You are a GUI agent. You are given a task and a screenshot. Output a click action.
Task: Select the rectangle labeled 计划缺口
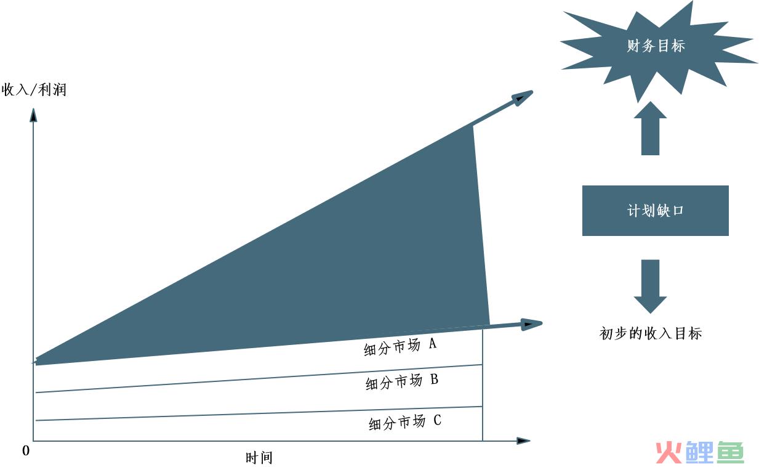click(656, 210)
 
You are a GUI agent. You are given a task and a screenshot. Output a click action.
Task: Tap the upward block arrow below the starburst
click(650, 128)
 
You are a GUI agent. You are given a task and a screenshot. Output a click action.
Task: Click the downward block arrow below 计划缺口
click(650, 286)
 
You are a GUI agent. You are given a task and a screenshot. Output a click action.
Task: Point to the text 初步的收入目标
click(651, 333)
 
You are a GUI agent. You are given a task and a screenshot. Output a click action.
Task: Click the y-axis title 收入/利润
click(34, 90)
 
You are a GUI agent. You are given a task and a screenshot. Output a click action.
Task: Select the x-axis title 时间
click(259, 458)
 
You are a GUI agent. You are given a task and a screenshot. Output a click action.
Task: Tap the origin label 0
click(26, 451)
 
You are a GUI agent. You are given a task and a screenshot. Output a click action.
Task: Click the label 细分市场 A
click(400, 347)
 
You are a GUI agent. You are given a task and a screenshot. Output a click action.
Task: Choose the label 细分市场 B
click(402, 381)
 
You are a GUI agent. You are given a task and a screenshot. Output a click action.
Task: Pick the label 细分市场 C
click(405, 423)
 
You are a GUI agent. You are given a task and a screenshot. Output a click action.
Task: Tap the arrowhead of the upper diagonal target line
click(522, 98)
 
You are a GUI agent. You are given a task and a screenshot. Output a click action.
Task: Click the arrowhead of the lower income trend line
click(531, 324)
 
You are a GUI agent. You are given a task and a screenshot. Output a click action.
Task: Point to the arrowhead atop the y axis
click(33, 115)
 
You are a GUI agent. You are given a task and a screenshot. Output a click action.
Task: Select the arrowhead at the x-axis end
click(523, 441)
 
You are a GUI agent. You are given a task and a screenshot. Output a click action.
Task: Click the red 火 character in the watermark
click(669, 452)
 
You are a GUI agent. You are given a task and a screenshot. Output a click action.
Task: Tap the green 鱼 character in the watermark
click(730, 452)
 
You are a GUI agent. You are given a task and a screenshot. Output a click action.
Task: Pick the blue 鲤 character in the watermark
click(699, 452)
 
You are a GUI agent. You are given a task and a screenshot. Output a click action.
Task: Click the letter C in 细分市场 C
click(438, 420)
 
